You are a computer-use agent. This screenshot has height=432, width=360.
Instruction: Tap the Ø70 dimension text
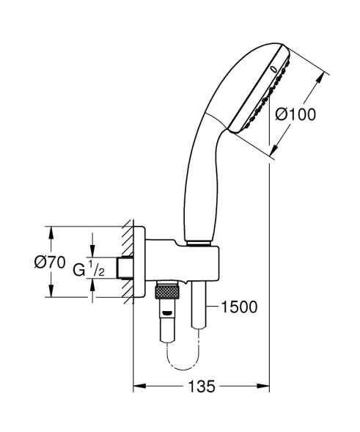pos(57,263)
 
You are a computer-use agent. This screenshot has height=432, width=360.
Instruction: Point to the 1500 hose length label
pos(239,307)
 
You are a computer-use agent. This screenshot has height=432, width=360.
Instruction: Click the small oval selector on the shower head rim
pos(273,67)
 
